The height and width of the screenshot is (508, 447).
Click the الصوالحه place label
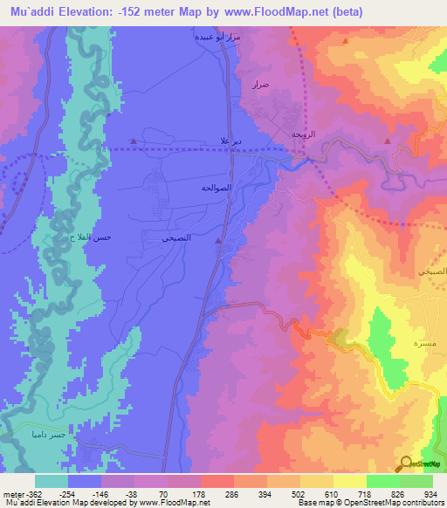click(x=216, y=187)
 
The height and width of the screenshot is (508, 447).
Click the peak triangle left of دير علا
click(x=133, y=141)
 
